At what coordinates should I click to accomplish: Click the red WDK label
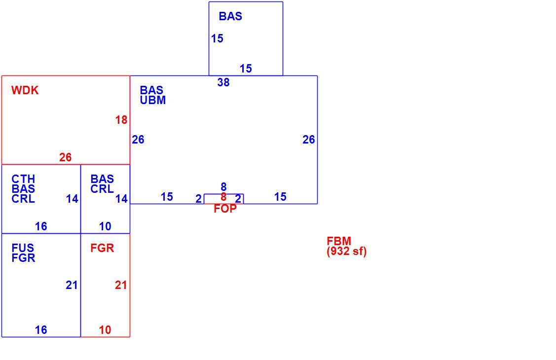(x=25, y=90)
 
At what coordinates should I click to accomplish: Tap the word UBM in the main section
(x=153, y=100)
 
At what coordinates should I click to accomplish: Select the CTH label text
(x=23, y=179)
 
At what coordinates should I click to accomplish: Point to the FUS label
(x=23, y=248)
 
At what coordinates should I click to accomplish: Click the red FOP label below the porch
(x=225, y=209)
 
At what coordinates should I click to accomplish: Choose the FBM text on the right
(x=339, y=241)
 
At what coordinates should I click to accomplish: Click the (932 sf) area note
(x=347, y=251)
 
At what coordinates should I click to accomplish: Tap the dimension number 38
(x=223, y=82)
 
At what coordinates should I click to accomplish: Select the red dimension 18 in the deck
(x=121, y=120)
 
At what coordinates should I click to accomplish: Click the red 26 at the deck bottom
(x=66, y=157)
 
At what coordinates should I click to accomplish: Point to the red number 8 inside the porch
(x=223, y=197)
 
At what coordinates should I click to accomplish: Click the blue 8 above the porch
(x=223, y=187)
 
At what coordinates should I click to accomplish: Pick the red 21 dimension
(x=121, y=285)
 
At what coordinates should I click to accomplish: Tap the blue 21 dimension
(x=72, y=285)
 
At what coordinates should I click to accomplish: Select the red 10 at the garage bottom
(x=105, y=330)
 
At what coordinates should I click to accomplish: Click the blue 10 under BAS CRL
(x=105, y=226)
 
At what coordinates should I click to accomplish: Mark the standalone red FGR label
(x=103, y=248)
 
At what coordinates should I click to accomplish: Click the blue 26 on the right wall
(x=309, y=140)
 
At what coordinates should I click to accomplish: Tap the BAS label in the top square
(x=230, y=16)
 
